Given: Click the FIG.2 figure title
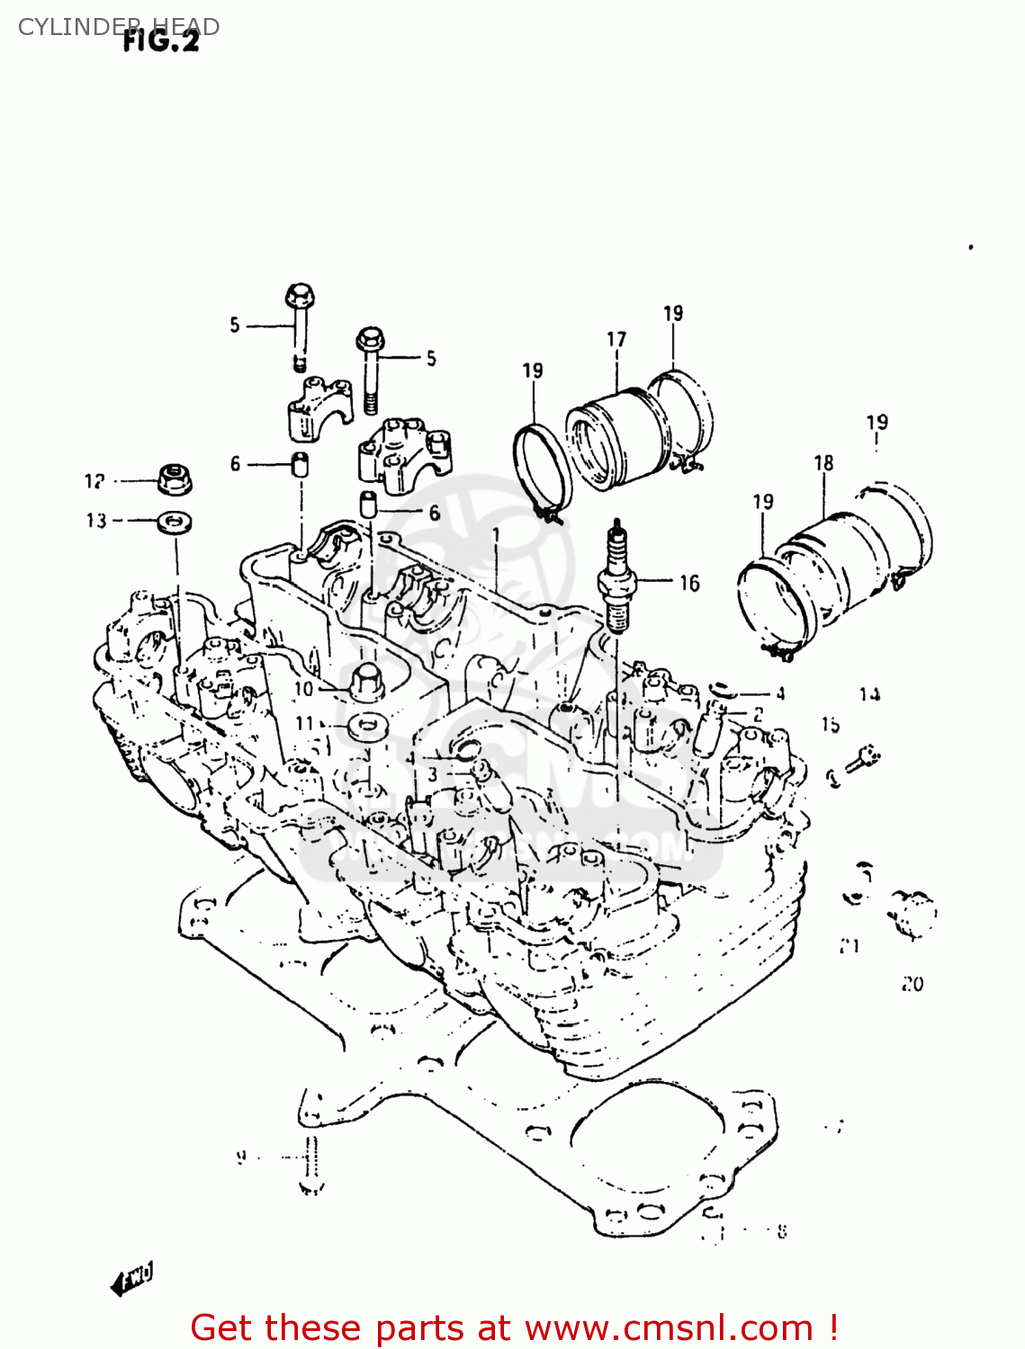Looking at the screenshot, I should tap(161, 40).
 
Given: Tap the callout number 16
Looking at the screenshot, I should tap(689, 584).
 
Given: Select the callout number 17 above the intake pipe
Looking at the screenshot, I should tap(616, 339).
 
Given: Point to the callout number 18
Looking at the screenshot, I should tap(823, 463).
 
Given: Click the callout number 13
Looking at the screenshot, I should tap(96, 521).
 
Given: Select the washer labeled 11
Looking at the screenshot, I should tap(365, 725).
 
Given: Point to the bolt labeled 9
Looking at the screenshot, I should tap(310, 1165).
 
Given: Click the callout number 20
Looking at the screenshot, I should tap(913, 985).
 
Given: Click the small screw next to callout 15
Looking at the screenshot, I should tap(863, 760).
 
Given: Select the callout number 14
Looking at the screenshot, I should tap(869, 694).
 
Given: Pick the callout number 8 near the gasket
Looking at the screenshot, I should tap(781, 1232).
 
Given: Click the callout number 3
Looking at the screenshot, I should tap(433, 774).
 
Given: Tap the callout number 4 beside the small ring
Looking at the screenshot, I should tap(780, 693).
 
